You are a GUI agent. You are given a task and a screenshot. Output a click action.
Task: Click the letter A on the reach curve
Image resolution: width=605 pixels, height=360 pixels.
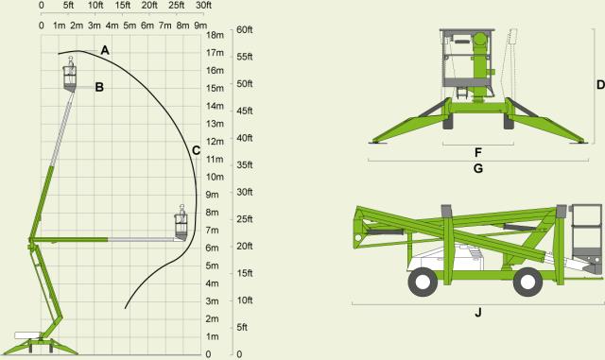105,48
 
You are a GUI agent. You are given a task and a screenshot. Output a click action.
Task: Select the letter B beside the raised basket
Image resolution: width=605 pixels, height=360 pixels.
99,87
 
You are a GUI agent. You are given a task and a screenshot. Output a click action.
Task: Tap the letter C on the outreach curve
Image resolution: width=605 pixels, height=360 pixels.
195,149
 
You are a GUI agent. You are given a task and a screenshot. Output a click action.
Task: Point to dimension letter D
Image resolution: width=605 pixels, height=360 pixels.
599,84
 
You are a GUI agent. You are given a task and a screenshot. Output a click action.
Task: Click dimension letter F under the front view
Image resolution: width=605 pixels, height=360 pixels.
478,151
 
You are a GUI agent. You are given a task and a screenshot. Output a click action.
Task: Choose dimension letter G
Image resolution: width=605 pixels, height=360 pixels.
478,168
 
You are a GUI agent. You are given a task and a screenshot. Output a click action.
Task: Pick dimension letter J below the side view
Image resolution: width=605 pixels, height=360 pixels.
478,312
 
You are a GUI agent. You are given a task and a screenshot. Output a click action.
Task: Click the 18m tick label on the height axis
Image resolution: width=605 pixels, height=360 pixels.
214,35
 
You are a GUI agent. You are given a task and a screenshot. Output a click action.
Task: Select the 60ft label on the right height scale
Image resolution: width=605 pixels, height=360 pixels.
243,30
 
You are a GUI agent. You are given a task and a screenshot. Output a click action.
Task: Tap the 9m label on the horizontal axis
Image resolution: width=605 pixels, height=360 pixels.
200,25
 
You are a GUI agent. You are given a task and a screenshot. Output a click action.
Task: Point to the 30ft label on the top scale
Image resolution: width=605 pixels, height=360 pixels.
202,6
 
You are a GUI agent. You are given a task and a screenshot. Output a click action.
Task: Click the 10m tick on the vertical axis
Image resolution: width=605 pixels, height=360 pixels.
214,177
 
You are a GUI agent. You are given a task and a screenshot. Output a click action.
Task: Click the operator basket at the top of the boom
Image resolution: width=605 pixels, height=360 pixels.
69,77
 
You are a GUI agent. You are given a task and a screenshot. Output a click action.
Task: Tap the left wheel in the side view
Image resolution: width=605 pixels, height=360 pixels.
423,281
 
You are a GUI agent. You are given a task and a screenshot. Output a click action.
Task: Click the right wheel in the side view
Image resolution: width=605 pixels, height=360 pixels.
527,281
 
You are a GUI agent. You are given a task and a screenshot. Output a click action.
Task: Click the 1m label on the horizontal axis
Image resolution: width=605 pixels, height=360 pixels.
59,25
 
